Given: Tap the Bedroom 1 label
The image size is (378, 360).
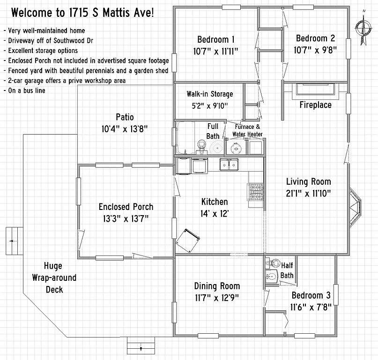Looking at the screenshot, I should coord(216,39).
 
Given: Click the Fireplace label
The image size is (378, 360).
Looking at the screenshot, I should coord(315,105).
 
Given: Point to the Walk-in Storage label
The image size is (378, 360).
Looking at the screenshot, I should coord(209,94).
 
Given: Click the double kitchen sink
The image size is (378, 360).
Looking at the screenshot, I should coord(229,164).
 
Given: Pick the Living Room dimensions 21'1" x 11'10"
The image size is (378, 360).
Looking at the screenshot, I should coord(308,193).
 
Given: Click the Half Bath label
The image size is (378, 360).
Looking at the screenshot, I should coord(287,270).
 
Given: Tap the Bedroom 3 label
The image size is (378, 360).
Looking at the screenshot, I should coord(311,295).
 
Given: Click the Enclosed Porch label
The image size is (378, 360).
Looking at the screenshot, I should coord(126,207).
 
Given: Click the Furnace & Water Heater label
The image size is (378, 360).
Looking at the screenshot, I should coord(247,130).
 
